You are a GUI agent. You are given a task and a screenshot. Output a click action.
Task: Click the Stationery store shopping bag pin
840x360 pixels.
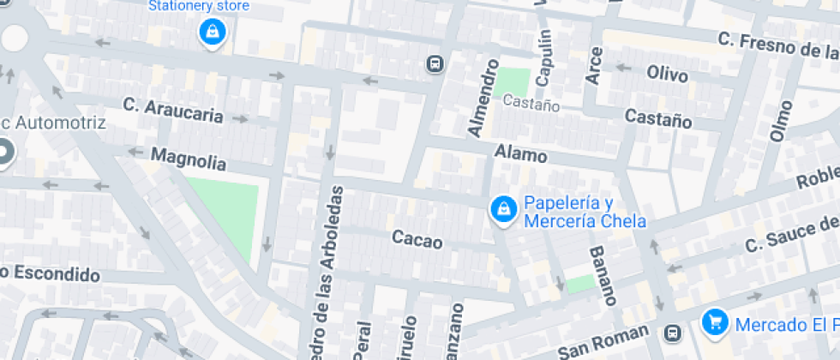pyautogui.click(x=210, y=33)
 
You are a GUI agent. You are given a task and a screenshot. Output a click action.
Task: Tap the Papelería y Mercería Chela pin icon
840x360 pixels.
pyautogui.click(x=502, y=209)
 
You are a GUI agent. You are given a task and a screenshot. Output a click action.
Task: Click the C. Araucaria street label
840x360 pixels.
pyautogui.click(x=172, y=110)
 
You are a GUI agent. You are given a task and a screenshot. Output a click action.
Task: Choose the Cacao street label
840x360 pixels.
pyautogui.click(x=417, y=239)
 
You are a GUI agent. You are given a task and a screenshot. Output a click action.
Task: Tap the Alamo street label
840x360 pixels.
pyautogui.click(x=520, y=154)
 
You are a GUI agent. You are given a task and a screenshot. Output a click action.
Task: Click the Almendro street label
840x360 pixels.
pyautogui.click(x=483, y=98)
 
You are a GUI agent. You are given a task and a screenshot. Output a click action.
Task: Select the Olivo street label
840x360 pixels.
pyautogui.click(x=667, y=75)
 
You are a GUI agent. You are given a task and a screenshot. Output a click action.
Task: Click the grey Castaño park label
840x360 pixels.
pyautogui.click(x=531, y=105)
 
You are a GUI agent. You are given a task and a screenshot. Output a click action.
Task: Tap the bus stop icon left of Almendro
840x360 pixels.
pyautogui.click(x=435, y=63)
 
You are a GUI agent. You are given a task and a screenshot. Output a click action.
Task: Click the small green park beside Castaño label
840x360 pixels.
pyautogui.click(x=514, y=82)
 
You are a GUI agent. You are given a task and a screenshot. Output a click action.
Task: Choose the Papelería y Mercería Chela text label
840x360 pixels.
pyautogui.click(x=584, y=213)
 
